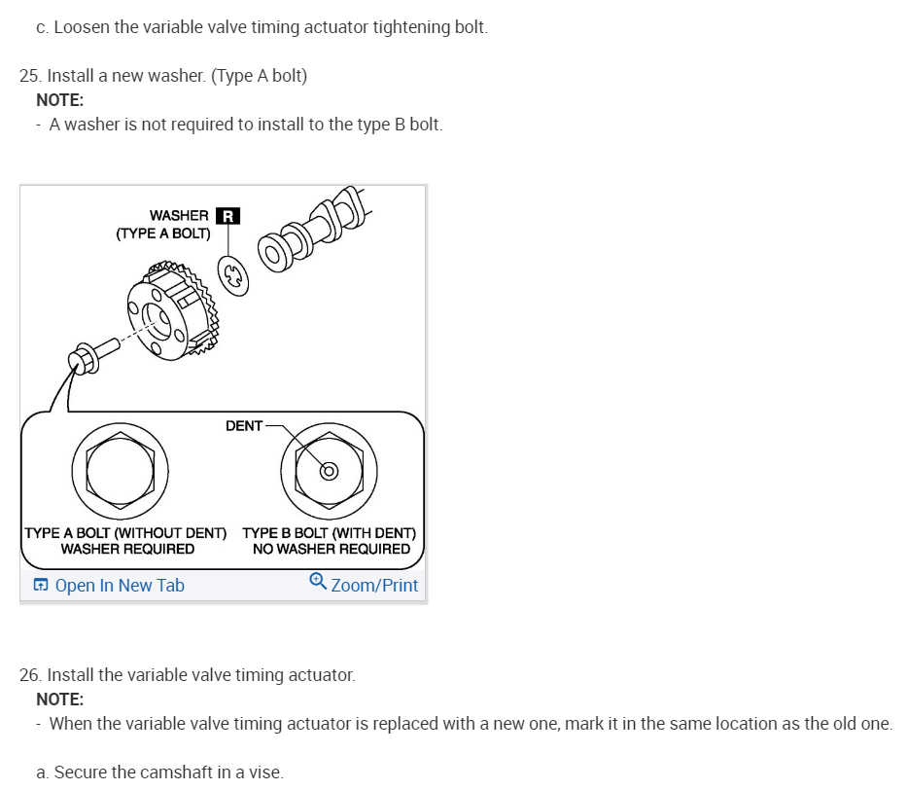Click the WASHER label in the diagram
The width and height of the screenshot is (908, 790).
point(179,215)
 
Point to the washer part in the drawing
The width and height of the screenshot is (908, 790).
point(234,275)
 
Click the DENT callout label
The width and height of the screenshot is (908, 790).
point(244,425)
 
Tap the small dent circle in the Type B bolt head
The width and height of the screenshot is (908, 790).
point(330,472)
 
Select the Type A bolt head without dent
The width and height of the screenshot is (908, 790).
point(120,471)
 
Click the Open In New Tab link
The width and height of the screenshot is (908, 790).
point(120,585)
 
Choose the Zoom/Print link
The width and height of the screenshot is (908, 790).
point(374,585)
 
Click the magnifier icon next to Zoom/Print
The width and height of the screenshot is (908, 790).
point(317,581)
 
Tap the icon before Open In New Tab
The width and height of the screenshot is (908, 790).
point(41,585)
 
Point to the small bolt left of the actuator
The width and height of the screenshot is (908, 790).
point(85,357)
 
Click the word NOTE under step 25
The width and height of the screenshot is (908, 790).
point(59,99)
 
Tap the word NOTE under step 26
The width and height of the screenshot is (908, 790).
point(59,699)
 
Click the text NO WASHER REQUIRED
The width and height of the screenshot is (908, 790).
point(331,549)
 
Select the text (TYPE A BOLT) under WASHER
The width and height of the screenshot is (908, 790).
point(162,233)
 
